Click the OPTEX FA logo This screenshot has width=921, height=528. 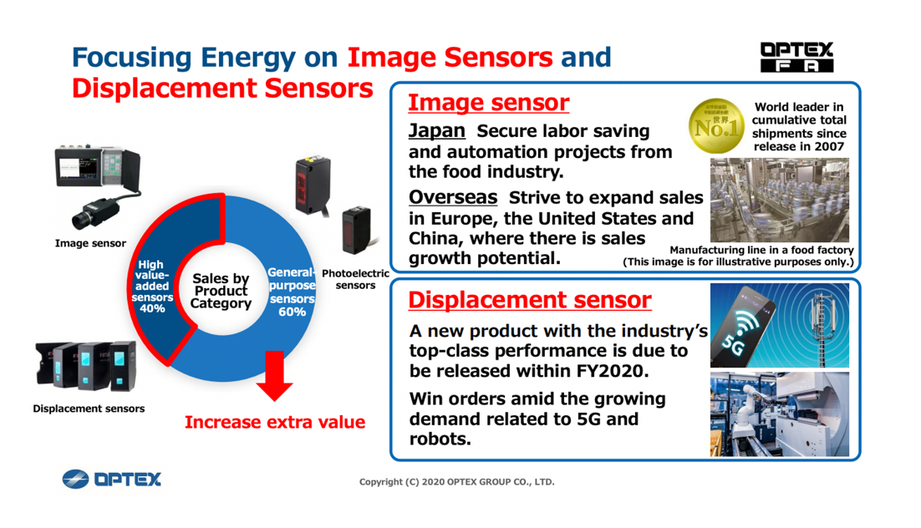(x=796, y=57)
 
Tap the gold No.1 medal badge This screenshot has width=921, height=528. (x=716, y=125)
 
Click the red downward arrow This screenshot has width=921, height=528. (x=274, y=376)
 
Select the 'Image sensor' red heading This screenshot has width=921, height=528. (x=489, y=103)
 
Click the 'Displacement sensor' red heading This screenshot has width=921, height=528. (x=530, y=300)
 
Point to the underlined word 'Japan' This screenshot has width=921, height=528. (x=437, y=130)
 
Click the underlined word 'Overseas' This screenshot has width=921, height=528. (x=453, y=197)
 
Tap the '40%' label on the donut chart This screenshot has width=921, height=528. (x=152, y=308)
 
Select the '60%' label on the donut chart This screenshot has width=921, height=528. (x=292, y=312)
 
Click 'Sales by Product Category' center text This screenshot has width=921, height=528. (x=221, y=291)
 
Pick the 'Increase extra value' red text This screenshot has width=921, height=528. (x=275, y=422)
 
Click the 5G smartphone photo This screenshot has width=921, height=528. (x=780, y=325)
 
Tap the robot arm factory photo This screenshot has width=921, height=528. (x=780, y=414)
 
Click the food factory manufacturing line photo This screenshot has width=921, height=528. (x=780, y=200)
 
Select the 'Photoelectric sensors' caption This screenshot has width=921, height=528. (x=355, y=279)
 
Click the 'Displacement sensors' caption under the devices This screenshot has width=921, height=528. (x=89, y=409)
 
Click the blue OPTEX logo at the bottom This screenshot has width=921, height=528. (x=112, y=480)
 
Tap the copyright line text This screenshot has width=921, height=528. (x=457, y=482)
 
